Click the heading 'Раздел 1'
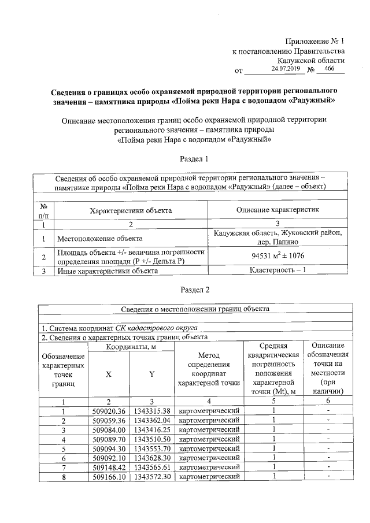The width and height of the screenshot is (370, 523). [194, 158]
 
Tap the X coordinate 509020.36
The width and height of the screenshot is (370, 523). [109, 410]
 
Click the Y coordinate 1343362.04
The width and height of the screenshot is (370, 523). [152, 420]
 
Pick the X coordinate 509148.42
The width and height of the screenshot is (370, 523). [109, 467]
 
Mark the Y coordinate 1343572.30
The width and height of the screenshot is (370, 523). [152, 477]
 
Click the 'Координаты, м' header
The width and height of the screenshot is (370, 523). [131, 347]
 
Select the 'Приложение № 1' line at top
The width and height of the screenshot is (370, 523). [315, 41]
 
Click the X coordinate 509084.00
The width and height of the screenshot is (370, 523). [109, 429]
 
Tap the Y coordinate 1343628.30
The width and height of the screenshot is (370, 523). [152, 458]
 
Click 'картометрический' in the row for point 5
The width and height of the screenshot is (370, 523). [210, 448]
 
